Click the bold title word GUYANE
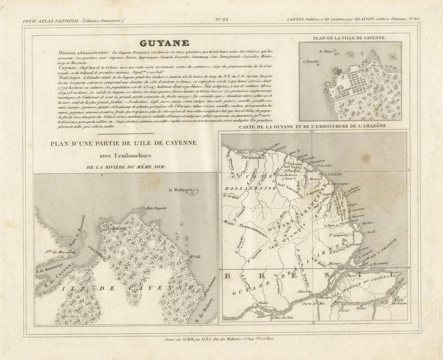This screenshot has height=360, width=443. click(x=164, y=43)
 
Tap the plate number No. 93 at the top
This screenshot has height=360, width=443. click(x=221, y=20)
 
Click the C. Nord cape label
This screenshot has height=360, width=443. click(x=370, y=231)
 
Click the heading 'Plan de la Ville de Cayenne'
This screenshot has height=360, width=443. click(x=350, y=38)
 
